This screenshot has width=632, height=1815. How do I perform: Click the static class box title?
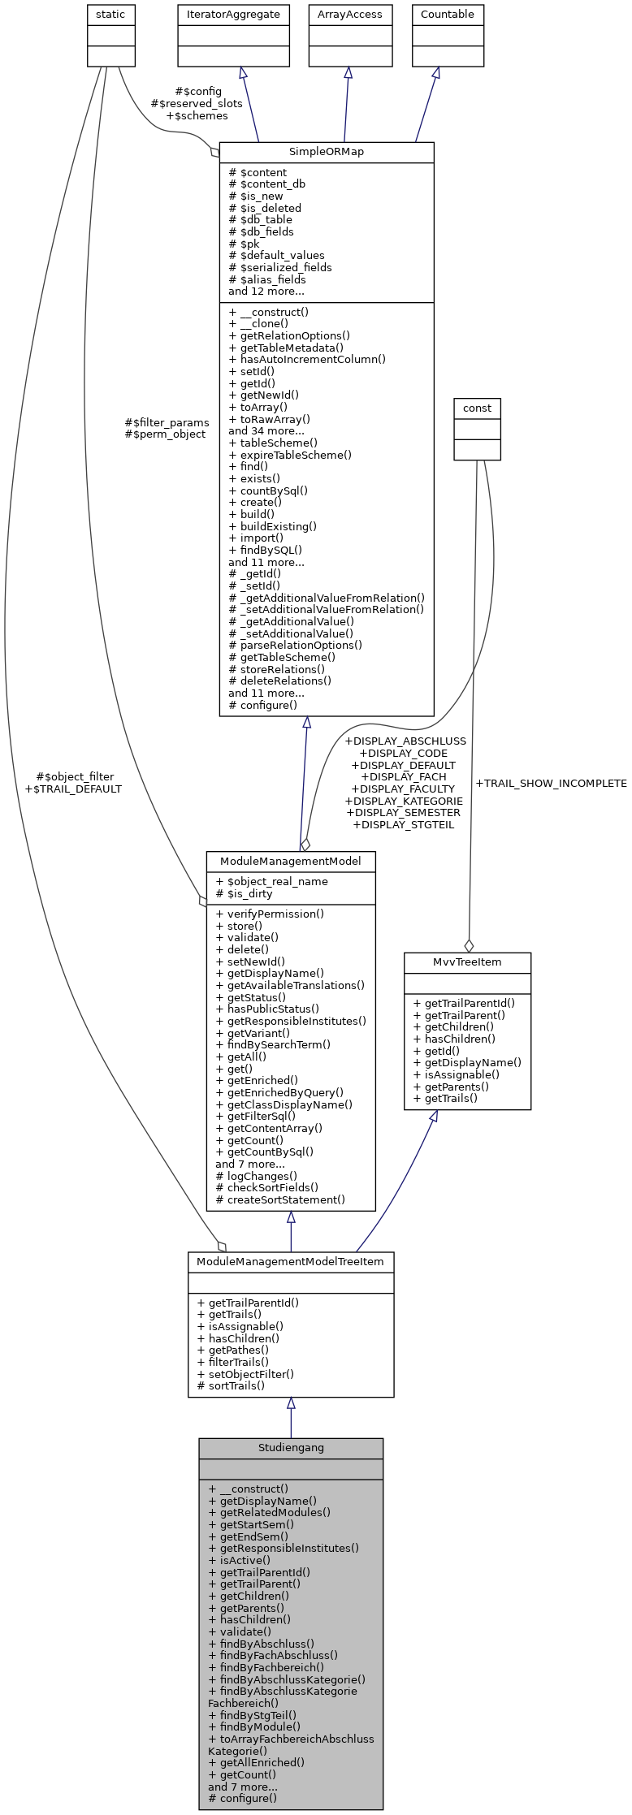point(111,15)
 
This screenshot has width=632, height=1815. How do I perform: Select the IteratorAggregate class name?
point(234,15)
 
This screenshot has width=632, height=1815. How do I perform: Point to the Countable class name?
point(448,15)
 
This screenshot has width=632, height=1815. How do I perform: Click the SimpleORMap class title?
point(327,152)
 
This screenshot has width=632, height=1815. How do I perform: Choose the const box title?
point(477,408)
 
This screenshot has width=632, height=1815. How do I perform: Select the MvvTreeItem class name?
point(467,962)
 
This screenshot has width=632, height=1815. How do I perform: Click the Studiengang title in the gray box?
point(290,1447)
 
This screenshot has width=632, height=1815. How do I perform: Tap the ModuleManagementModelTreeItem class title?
point(290,1260)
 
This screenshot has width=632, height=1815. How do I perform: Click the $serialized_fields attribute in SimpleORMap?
point(280,267)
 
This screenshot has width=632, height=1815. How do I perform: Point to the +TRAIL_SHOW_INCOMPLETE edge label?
point(551,783)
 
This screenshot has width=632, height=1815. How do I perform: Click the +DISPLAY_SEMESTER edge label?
point(403,812)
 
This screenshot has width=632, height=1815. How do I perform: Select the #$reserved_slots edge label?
point(197,103)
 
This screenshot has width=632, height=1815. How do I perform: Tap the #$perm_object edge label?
point(165,434)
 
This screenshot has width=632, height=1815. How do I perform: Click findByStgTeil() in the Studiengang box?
point(253,1714)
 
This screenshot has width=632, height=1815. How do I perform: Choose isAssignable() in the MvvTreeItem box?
point(457,1074)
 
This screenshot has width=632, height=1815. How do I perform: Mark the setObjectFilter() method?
point(245,1374)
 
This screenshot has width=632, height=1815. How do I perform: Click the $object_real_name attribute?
point(272,881)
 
